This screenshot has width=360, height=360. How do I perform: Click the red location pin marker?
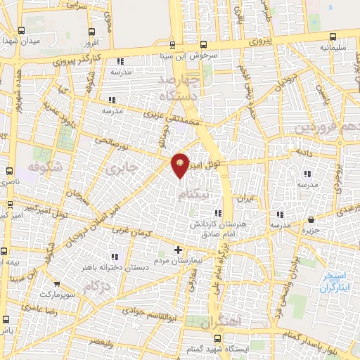[x=181, y=165]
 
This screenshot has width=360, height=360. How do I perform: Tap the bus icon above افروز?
[x=91, y=32]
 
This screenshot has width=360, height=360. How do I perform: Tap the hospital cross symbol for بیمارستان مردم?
[x=179, y=250]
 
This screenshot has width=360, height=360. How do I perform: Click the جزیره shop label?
[x=311, y=229]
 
